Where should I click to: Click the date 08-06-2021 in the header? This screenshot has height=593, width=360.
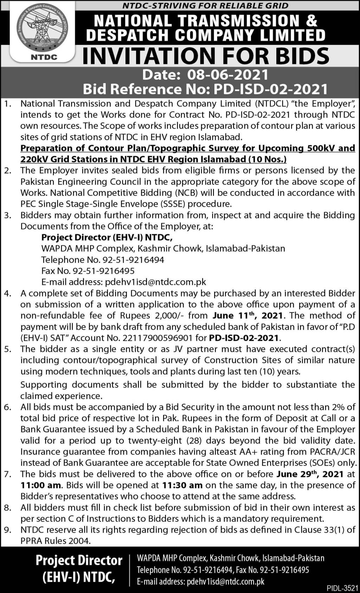228,75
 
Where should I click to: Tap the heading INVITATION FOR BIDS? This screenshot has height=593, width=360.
206,56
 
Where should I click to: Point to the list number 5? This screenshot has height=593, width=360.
8,349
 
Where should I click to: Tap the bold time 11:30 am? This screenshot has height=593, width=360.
182,485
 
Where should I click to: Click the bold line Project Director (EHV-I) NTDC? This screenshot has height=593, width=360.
107,237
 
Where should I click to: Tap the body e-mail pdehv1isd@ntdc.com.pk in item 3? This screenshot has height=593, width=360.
155,282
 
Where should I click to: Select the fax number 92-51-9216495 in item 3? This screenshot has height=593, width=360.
104,271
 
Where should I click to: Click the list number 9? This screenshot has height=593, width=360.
8,530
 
